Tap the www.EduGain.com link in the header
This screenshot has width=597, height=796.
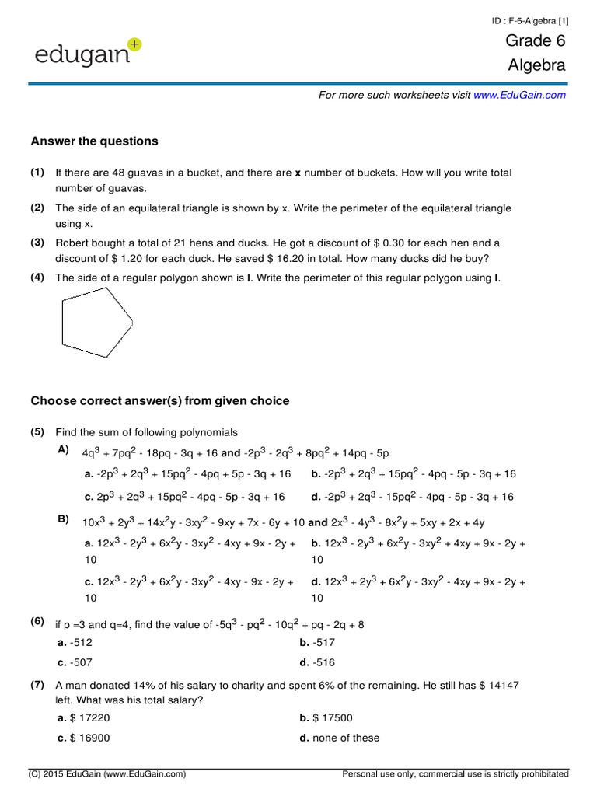click(x=519, y=95)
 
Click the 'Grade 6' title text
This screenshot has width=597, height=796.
click(x=536, y=41)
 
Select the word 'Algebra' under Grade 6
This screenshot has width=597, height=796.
click(x=536, y=66)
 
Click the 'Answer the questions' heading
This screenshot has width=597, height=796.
click(x=94, y=141)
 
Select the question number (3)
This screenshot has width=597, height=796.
click(x=37, y=243)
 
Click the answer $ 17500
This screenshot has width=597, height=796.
click(x=325, y=717)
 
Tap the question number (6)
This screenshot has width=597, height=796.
click(x=37, y=622)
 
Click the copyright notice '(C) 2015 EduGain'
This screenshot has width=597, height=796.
click(x=106, y=774)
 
